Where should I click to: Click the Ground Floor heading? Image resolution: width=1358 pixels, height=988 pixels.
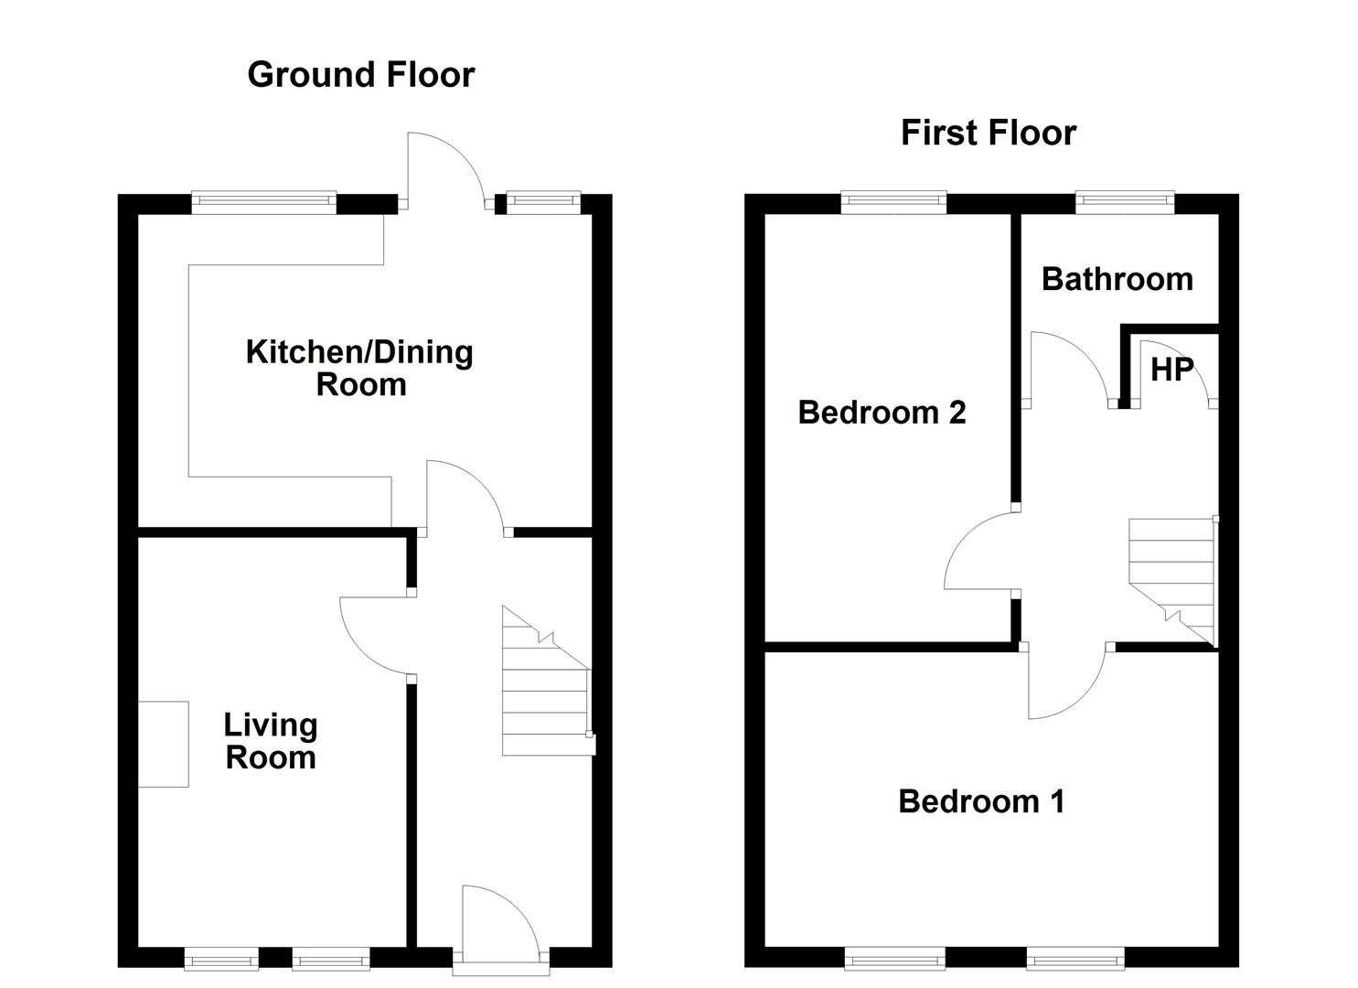360,75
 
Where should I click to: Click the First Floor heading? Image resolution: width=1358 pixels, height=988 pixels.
989,133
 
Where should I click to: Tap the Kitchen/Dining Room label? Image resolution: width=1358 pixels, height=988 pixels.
359,368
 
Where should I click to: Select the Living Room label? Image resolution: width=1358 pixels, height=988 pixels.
271,741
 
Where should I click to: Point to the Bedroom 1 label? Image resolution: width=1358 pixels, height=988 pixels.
981,801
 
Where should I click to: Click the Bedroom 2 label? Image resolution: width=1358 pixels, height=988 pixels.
882,413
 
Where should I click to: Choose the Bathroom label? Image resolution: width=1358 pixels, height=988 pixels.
1117,280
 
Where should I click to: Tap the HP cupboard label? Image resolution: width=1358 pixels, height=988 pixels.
1171,370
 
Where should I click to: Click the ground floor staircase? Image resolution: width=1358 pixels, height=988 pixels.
548,682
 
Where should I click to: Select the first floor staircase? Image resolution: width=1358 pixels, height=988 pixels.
1173,582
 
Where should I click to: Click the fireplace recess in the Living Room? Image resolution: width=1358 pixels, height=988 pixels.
164,744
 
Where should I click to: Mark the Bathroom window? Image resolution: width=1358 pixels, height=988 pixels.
1125,203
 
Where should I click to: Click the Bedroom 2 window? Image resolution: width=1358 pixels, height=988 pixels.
893,203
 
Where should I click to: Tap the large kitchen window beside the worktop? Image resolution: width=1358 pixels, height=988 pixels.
263,203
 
